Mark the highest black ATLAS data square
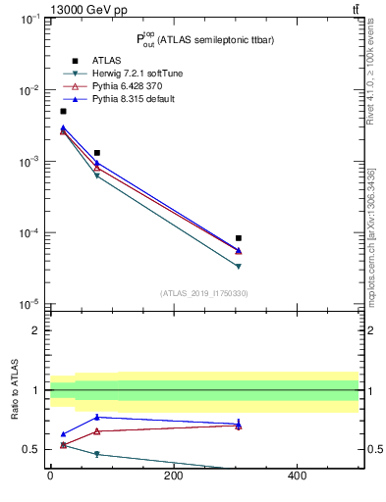pyautogui.click(x=64, y=111)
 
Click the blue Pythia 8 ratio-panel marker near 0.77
pyautogui.click(x=97, y=417)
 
